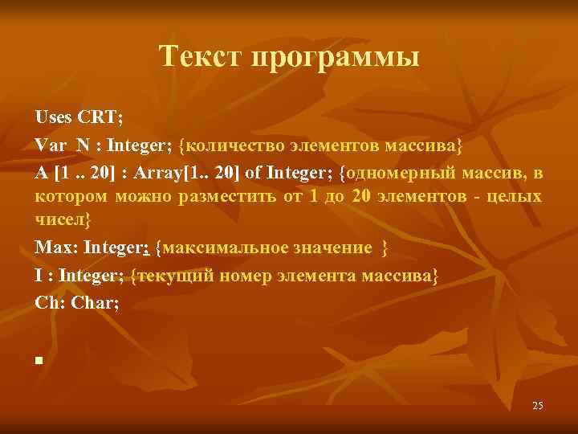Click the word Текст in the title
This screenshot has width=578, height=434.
pos(201,58)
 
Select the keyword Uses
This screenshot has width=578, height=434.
pos(53,117)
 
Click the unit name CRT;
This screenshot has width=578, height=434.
pos(100,117)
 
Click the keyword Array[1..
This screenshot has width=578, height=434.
pos(165,173)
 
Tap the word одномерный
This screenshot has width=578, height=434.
pos(394,173)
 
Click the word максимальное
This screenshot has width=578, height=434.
pos(225,247)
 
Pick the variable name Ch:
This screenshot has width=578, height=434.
pos(51,303)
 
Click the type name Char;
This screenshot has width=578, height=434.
pos(100,303)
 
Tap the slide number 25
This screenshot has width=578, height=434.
pos(537,406)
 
